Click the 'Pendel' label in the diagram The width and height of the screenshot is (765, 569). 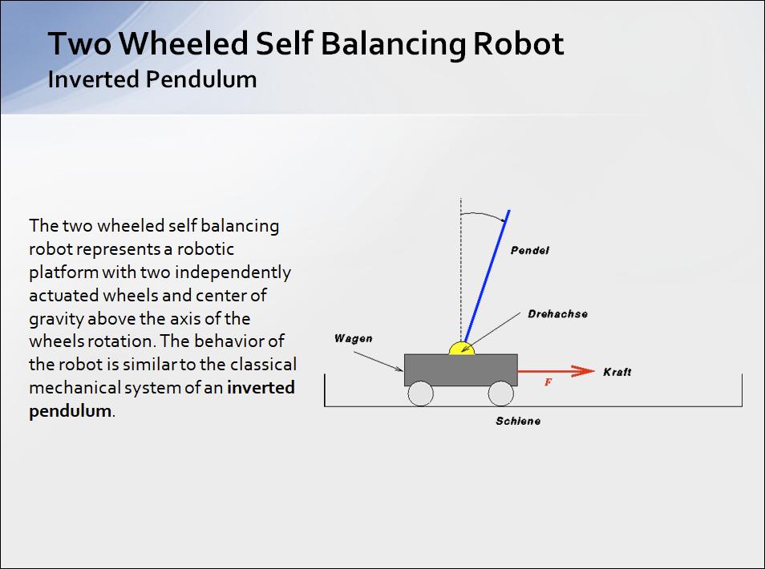[x=530, y=251]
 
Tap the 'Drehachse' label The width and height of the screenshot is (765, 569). [x=557, y=313]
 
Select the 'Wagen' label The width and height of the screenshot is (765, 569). [x=353, y=338]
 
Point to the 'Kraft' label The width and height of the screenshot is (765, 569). [x=617, y=372]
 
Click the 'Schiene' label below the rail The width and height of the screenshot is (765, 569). [x=518, y=421]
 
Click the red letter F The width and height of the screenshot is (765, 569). [x=548, y=382]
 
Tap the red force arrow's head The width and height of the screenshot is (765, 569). [x=585, y=371]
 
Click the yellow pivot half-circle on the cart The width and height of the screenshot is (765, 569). [x=461, y=349]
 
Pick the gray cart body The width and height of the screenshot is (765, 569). [x=460, y=369]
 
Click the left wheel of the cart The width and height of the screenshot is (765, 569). [x=420, y=393]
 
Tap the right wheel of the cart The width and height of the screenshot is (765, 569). [x=500, y=393]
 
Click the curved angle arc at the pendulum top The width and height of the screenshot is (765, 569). [x=484, y=215]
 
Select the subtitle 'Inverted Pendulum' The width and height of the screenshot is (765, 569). [x=152, y=79]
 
